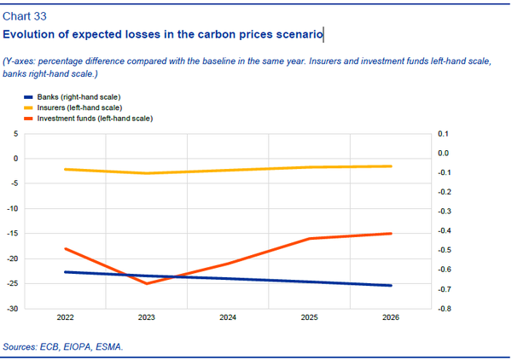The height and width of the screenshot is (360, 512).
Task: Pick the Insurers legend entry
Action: [72, 108]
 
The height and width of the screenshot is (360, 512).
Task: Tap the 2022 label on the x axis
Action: [65, 317]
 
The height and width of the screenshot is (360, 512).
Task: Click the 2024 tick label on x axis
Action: [228, 317]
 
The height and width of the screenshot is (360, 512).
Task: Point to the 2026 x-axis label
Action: [391, 317]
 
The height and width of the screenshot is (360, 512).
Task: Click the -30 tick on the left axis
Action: [12, 309]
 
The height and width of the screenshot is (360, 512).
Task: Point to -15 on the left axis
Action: [12, 234]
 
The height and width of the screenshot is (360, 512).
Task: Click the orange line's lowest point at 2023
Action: [147, 283]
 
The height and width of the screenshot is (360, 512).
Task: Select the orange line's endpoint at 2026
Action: [391, 233]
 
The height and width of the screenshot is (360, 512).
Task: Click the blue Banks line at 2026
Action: [391, 286]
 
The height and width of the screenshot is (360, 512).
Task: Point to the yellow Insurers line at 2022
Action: [66, 169]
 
